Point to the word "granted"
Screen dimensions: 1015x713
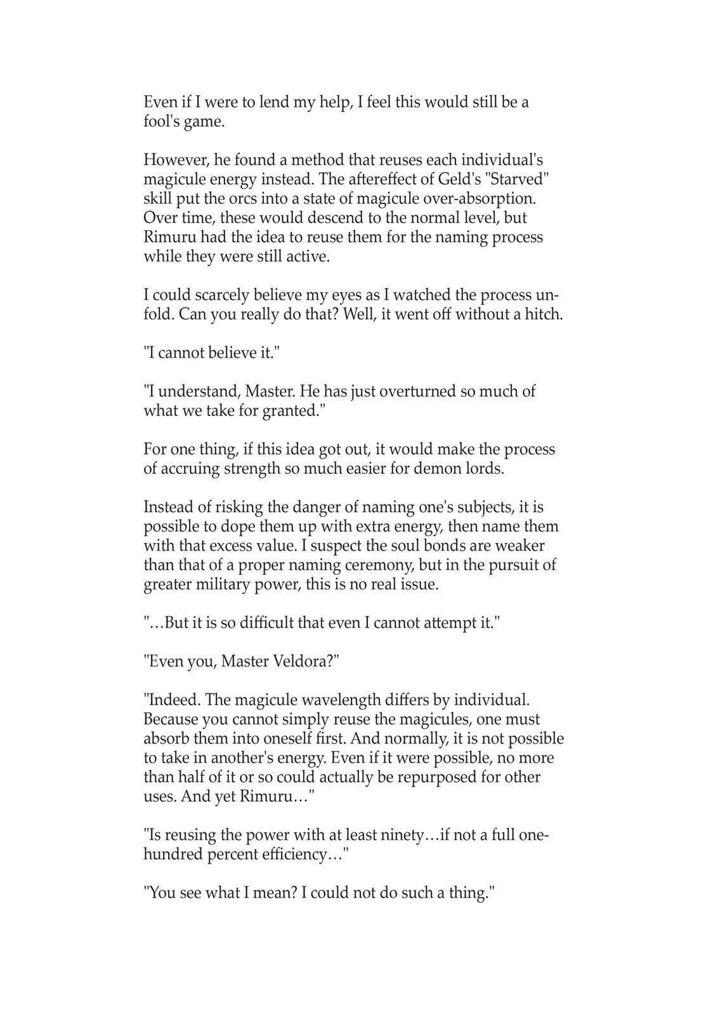point(289,411)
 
